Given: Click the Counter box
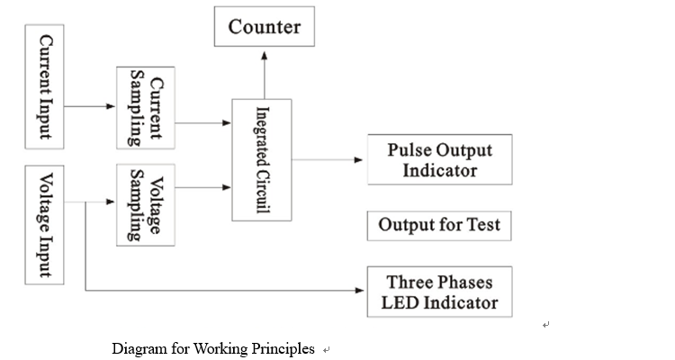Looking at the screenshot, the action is pyautogui.click(x=265, y=26).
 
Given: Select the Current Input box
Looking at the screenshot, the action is pyautogui.click(x=44, y=86).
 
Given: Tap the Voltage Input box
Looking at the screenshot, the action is pyautogui.click(x=44, y=225).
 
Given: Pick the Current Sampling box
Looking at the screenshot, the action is pyautogui.click(x=146, y=108).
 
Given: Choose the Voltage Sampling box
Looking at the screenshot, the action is pyautogui.click(x=146, y=205).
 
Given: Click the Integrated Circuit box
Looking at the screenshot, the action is pyautogui.click(x=262, y=160).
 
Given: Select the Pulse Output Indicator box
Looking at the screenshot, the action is pyautogui.click(x=439, y=160).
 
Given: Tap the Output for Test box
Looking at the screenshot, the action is pyautogui.click(x=439, y=226).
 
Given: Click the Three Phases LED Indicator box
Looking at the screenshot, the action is pyautogui.click(x=439, y=292).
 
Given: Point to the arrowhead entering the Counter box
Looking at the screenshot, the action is pyautogui.click(x=265, y=56).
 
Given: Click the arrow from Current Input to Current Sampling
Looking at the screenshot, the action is pyautogui.click(x=90, y=106).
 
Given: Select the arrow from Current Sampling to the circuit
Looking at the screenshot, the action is pyautogui.click(x=203, y=123).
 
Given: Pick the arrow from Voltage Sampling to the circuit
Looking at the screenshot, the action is pyautogui.click(x=203, y=187).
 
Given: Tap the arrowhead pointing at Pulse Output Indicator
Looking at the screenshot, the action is pyautogui.click(x=358, y=160).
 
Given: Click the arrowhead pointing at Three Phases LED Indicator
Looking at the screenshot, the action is pyautogui.click(x=360, y=291).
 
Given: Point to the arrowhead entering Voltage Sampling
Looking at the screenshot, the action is pyautogui.click(x=111, y=202).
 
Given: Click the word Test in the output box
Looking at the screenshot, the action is pyautogui.click(x=483, y=225).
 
